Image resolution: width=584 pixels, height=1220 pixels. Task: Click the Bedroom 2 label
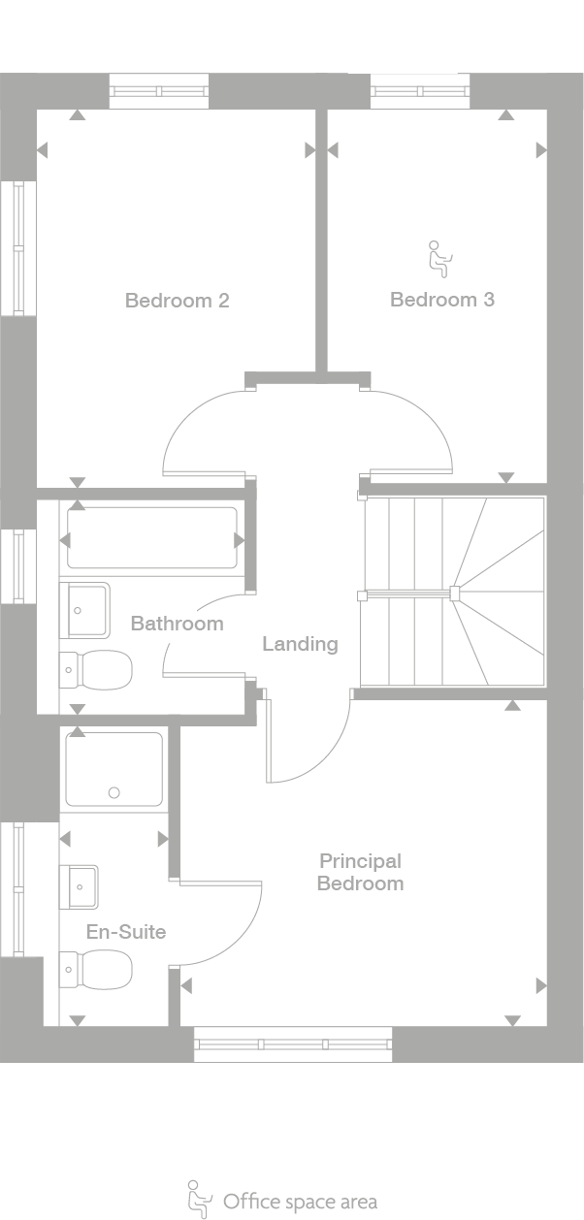177,301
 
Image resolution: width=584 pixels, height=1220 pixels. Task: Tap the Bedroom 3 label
441,300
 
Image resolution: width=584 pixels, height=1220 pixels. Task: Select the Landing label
300,644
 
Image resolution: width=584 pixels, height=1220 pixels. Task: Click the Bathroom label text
177,624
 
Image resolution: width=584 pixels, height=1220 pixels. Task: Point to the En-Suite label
126,932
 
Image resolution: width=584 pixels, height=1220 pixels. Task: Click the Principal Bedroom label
360,872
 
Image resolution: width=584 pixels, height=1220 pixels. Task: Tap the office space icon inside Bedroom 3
439,258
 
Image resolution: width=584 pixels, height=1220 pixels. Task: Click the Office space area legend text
300,1203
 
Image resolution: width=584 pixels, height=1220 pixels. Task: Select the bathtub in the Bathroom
151,538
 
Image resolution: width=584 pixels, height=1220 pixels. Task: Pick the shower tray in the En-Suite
114,770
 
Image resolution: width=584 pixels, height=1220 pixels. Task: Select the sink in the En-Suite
80,886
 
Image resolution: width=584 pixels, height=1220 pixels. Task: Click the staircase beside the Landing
453,593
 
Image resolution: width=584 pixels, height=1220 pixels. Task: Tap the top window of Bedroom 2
158,91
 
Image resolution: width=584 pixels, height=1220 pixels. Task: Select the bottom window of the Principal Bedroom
293,1044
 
